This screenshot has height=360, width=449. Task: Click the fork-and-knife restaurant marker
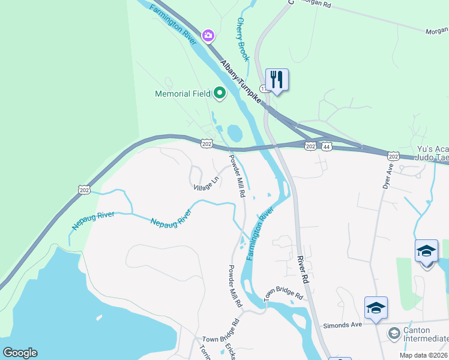click(277, 79)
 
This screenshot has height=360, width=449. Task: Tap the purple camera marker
click(208, 36)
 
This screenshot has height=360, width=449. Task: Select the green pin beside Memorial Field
click(219, 93)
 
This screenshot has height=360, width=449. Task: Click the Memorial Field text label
click(182, 94)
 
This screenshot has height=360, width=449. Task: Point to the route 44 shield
click(327, 146)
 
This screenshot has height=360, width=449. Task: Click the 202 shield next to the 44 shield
click(310, 146)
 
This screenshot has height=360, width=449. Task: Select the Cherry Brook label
click(243, 39)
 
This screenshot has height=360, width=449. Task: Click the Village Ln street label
click(206, 184)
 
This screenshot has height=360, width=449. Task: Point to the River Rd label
click(303, 270)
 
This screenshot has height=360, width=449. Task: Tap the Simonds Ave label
click(344, 324)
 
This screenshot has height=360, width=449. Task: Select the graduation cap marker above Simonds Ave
click(376, 307)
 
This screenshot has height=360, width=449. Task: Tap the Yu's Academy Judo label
click(432, 154)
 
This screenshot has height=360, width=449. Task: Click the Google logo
click(20, 353)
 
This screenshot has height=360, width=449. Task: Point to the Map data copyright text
click(423, 355)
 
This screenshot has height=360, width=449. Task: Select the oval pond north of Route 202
click(234, 131)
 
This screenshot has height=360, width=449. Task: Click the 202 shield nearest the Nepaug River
click(83, 190)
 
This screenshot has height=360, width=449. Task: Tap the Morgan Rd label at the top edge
click(437, 31)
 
